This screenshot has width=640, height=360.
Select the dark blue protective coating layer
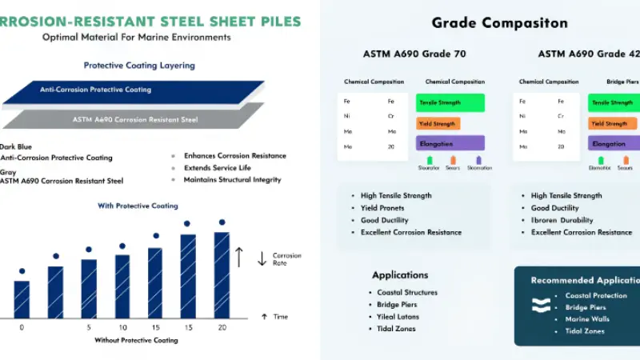click(x=132, y=90)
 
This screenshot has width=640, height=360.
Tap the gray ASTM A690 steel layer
click(x=132, y=119)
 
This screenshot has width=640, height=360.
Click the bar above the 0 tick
click(x=22, y=299)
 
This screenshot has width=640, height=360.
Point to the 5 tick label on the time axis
click(x=89, y=328)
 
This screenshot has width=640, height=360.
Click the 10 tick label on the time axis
click(x=122, y=328)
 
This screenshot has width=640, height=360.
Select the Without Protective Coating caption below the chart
click(x=136, y=340)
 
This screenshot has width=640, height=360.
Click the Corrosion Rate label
click(x=287, y=258)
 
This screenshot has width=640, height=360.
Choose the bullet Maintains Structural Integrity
click(x=232, y=179)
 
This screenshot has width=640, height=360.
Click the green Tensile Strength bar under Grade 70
click(x=450, y=102)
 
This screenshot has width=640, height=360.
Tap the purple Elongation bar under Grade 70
click(x=450, y=144)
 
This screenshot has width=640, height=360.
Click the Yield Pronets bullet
click(x=382, y=208)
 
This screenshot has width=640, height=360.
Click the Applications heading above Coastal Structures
click(x=400, y=274)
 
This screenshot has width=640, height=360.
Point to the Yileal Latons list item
click(x=398, y=317)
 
